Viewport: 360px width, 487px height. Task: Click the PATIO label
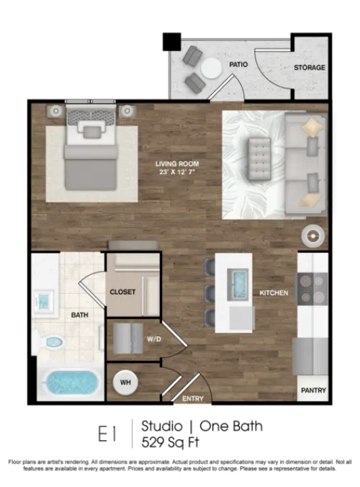point(238,65)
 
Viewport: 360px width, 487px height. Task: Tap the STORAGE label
point(310,68)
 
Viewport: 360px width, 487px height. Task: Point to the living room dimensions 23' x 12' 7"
point(177,171)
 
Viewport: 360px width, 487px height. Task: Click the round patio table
point(211,68)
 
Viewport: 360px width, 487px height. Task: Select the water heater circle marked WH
point(125,383)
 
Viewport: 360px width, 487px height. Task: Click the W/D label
point(154,339)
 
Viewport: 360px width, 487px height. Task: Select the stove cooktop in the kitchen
point(312,289)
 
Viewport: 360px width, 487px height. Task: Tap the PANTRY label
point(313,390)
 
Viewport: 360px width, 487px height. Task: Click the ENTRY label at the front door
point(193,398)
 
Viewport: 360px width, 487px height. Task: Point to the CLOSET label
point(122,292)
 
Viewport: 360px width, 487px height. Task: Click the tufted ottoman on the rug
point(259,159)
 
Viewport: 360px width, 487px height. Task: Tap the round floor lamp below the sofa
point(312,236)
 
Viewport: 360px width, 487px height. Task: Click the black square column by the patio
point(172,42)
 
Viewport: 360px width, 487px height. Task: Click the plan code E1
point(107,434)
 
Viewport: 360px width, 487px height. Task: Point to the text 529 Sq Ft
point(171,442)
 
